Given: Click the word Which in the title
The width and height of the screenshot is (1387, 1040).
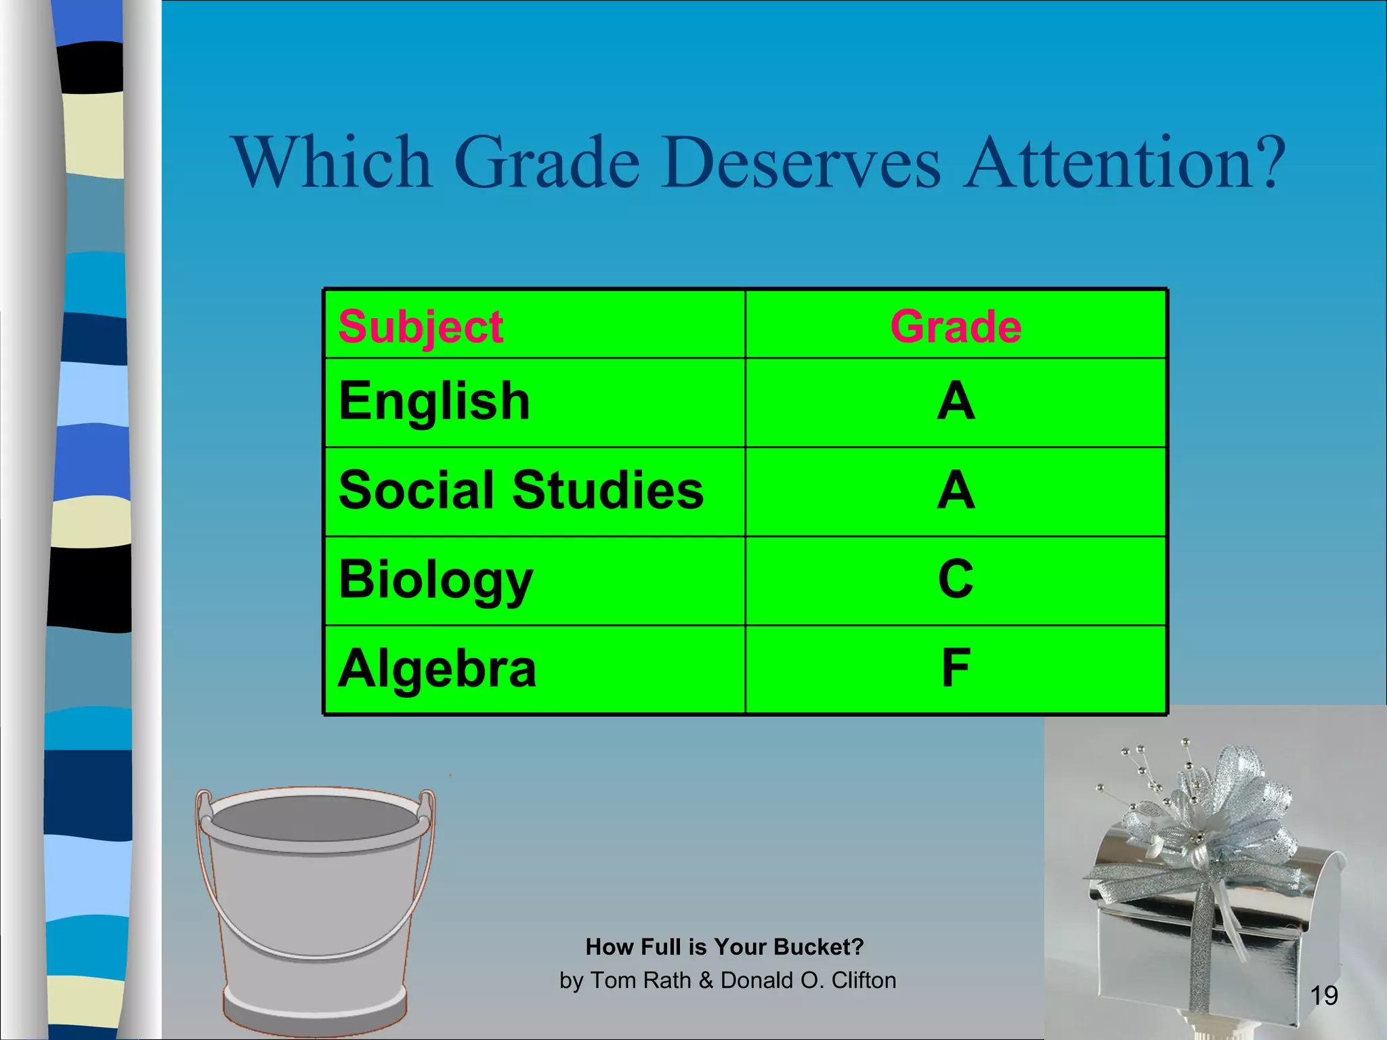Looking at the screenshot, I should pos(332,162).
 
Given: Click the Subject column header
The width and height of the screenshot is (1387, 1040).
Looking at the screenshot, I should pos(421,327).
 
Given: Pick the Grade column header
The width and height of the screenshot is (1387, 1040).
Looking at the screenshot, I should pos(955,326).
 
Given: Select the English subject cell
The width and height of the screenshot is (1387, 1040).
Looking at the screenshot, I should pos(434,401).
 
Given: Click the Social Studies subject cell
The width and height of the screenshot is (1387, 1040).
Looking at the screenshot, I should pos(521,490).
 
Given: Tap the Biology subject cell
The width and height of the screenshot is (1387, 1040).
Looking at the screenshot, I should pos(435,580).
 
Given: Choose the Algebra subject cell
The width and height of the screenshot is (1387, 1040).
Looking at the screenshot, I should pos(438,669).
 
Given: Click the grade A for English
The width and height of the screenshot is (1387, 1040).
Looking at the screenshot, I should pos(956,401).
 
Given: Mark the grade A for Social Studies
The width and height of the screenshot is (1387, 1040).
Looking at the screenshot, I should pos(956,490).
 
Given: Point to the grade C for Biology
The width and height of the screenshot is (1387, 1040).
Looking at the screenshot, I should pos(956,580).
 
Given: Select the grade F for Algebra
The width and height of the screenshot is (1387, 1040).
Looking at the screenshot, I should pos(956,668).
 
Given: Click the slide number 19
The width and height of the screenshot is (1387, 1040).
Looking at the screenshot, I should pos(1323,995).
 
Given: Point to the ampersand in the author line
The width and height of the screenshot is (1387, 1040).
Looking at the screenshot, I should pos(706,980).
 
